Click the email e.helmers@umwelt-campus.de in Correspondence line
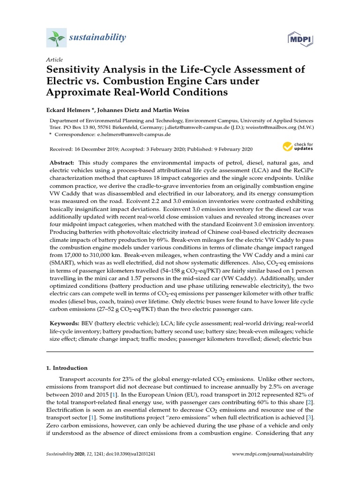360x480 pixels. click(134, 134)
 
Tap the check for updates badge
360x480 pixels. click(297, 147)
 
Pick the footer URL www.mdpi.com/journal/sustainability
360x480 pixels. click(273, 454)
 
